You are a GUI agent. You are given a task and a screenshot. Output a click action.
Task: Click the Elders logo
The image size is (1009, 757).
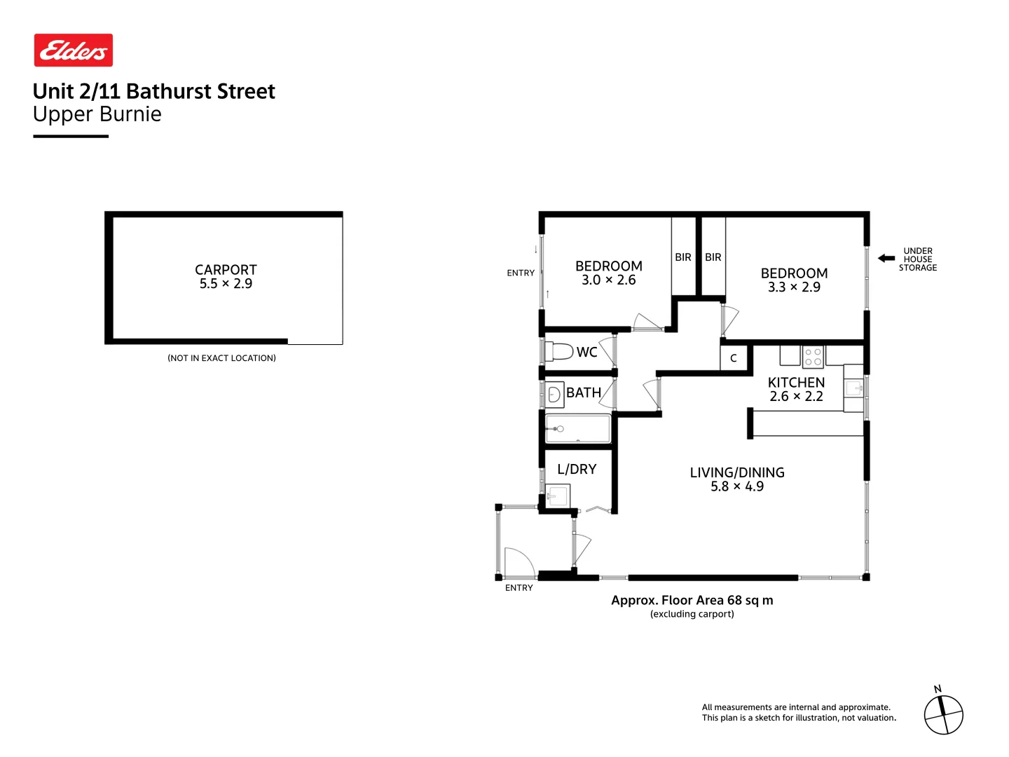click(x=74, y=50)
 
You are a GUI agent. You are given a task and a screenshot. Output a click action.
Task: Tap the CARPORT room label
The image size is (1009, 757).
click(x=226, y=270)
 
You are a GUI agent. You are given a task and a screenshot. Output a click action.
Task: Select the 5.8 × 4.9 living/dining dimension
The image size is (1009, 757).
click(x=737, y=486)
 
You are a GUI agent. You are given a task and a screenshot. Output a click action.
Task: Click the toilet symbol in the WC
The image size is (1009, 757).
click(x=560, y=351)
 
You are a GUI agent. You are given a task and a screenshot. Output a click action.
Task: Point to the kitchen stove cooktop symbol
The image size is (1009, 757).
click(x=813, y=357)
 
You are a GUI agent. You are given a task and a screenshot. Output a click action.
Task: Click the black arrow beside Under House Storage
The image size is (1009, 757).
click(x=886, y=259)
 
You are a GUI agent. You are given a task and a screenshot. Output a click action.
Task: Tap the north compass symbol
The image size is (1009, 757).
click(x=943, y=715)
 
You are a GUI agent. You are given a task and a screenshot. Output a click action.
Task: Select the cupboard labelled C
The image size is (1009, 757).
click(x=734, y=358)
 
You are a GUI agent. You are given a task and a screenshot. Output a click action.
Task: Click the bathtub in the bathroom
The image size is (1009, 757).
click(x=578, y=428)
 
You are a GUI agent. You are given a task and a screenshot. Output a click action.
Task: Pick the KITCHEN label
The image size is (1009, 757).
click(x=796, y=383)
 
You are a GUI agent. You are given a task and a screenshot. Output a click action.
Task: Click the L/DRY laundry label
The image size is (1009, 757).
click(x=577, y=470)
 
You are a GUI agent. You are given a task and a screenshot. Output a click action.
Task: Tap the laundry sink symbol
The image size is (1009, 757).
click(x=558, y=496)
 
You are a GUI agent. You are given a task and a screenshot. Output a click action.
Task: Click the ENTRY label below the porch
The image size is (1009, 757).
click(x=519, y=588)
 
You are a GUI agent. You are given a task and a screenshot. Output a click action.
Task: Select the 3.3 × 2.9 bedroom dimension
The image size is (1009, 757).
click(x=794, y=287)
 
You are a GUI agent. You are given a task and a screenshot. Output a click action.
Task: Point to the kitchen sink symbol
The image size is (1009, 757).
click(x=853, y=388)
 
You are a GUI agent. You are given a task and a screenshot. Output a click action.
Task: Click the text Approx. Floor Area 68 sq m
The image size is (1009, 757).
click(x=692, y=601)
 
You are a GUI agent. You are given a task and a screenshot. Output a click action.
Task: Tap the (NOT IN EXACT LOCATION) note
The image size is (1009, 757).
click(x=221, y=358)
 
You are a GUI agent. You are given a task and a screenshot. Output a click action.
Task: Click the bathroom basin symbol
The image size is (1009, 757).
click(x=554, y=395)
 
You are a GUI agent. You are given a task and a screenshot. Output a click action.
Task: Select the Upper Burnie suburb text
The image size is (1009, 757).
click(x=97, y=114)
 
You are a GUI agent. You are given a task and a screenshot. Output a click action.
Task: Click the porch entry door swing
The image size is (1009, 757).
click(x=518, y=561)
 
